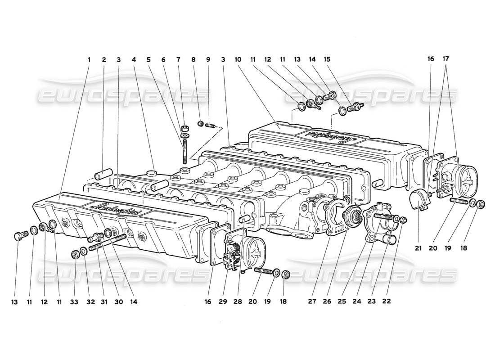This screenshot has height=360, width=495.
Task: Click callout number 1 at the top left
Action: [x=89, y=59]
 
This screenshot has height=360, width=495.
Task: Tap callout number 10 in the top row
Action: [x=237, y=59]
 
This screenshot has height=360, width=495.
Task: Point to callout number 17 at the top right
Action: [x=445, y=59]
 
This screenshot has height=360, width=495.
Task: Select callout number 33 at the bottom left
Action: [x=75, y=302]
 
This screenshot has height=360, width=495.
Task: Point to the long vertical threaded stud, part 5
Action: [x=184, y=151]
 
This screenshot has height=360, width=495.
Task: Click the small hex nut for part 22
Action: [x=404, y=220]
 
